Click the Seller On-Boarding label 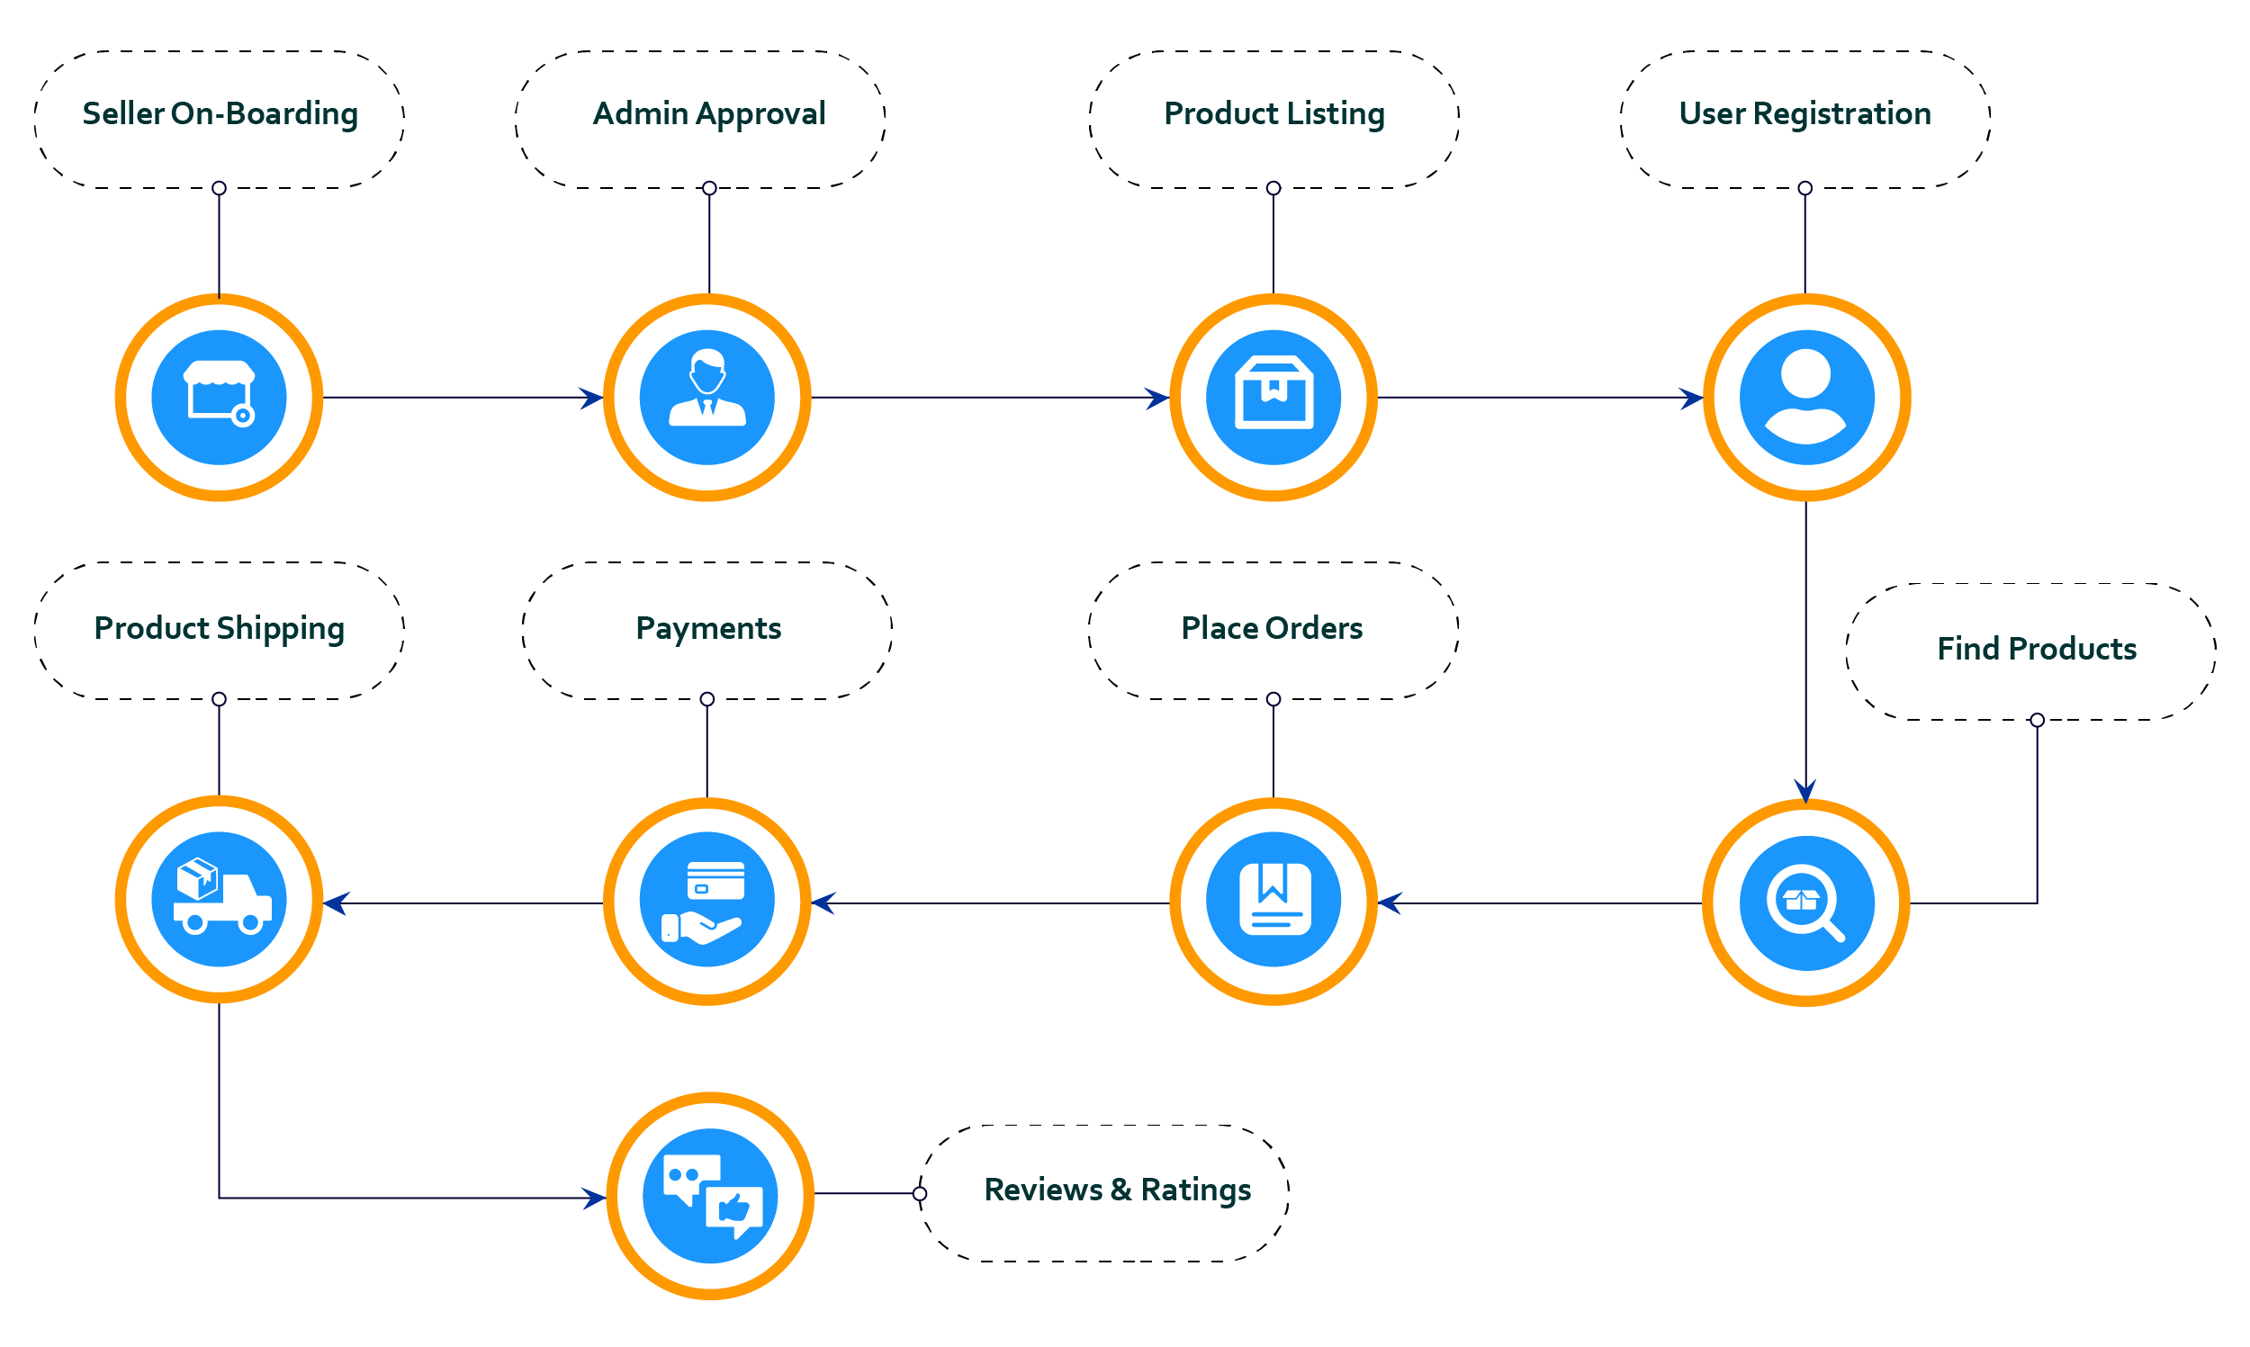point(220,114)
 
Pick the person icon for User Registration point(1806,398)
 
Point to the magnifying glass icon point(1806,903)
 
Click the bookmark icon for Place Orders point(1273,900)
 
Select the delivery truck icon point(219,899)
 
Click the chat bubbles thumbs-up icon point(710,1196)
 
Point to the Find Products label point(2036,649)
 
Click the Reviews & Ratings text point(1117,1190)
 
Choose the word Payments point(708,628)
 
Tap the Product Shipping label point(219,628)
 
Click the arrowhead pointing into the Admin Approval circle point(593,398)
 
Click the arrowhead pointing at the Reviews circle point(596,1199)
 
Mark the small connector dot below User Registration point(1804,188)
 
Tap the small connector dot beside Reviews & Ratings point(920,1194)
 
